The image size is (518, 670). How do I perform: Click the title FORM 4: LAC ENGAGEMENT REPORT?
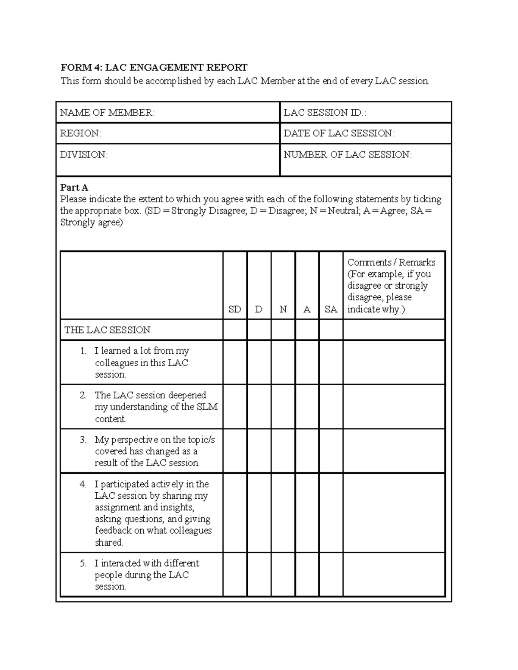pos(154,68)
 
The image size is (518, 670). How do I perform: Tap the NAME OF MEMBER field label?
pos(107,113)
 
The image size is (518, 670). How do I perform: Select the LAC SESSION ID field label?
pos(325,113)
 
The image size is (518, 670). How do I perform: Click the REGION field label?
pos(80,133)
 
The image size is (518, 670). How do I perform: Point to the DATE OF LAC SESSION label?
pos(339,133)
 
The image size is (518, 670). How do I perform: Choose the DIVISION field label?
pos(84,154)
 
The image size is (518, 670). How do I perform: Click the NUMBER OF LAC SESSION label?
pos(347,154)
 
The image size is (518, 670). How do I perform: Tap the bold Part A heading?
pos(74,188)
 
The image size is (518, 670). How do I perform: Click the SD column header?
pos(235,309)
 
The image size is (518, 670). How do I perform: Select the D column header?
pos(259,309)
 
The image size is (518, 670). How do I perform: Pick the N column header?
pos(283,309)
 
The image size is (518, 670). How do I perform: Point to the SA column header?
pos(331,309)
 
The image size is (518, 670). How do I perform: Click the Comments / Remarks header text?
pos(391,262)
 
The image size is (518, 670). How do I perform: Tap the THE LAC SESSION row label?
pos(107,330)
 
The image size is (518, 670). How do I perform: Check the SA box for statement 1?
pos(331,362)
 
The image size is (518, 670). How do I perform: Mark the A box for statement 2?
pos(307,407)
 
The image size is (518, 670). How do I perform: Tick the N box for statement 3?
pos(283,451)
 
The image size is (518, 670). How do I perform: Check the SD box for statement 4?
pos(235,513)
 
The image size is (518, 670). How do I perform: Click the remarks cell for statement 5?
pos(394,575)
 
